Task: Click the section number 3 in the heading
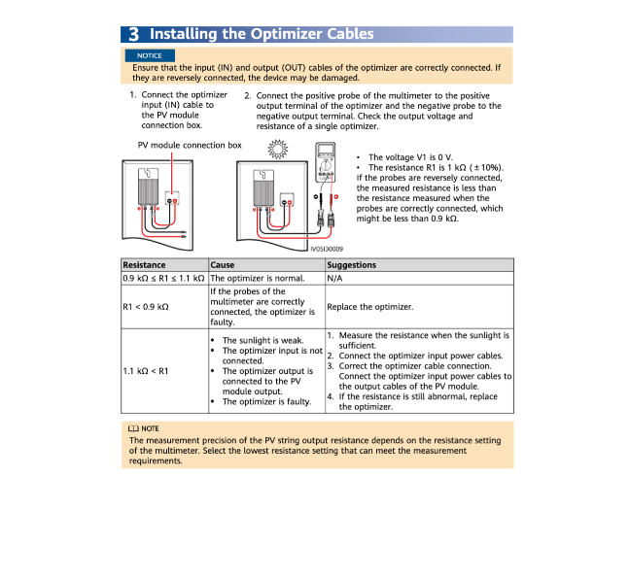pos(132,34)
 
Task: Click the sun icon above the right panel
pos(279,149)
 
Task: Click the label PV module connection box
pos(190,145)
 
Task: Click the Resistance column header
pos(144,264)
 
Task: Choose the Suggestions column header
pos(351,264)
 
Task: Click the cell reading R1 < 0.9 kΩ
pos(146,307)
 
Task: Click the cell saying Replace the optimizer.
pos(370,307)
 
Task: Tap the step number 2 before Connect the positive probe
pos(247,96)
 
